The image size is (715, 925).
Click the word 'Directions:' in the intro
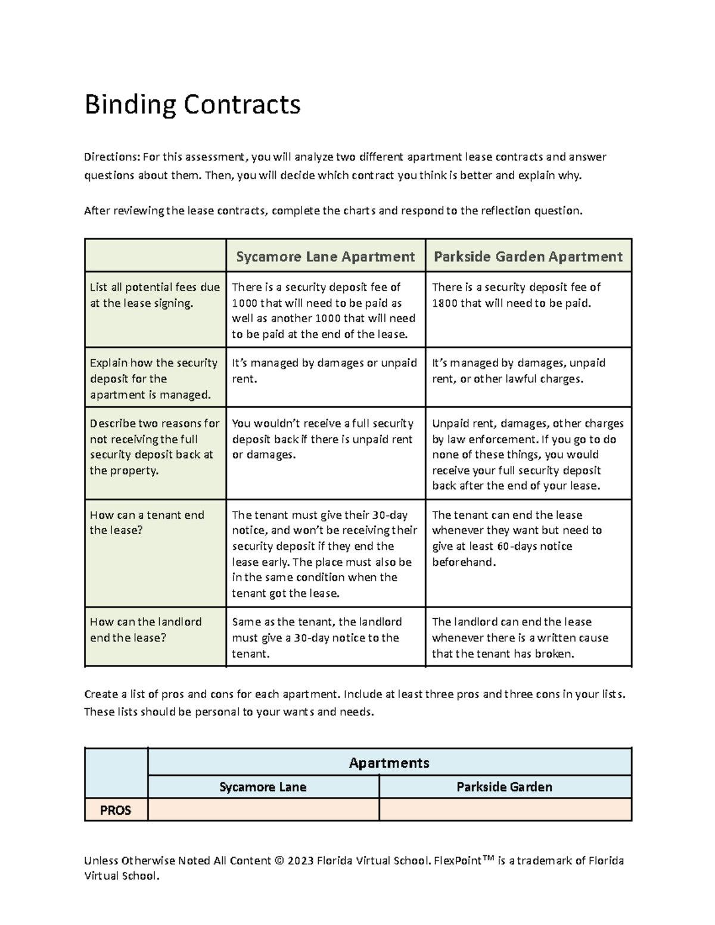pyautogui.click(x=111, y=157)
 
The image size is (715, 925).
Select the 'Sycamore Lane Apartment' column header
pyautogui.click(x=325, y=257)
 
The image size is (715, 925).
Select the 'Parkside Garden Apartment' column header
pyautogui.click(x=528, y=257)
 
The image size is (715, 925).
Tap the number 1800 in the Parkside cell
pyautogui.click(x=444, y=303)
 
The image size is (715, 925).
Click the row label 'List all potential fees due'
pyautogui.click(x=154, y=288)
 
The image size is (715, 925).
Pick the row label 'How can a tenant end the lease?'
pyautogui.click(x=147, y=522)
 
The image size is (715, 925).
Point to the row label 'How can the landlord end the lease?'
pyautogui.click(x=145, y=630)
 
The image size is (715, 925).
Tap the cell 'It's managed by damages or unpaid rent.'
pyautogui.click(x=324, y=370)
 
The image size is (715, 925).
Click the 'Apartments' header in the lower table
pyautogui.click(x=389, y=763)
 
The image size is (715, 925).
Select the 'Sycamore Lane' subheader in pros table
pyautogui.click(x=263, y=787)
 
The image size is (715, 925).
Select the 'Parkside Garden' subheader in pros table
pyautogui.click(x=504, y=787)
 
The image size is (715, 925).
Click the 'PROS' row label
pyautogui.click(x=116, y=810)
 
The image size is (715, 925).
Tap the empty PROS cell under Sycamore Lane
pyautogui.click(x=263, y=810)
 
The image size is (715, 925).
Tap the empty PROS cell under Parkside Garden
pyautogui.click(x=505, y=810)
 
